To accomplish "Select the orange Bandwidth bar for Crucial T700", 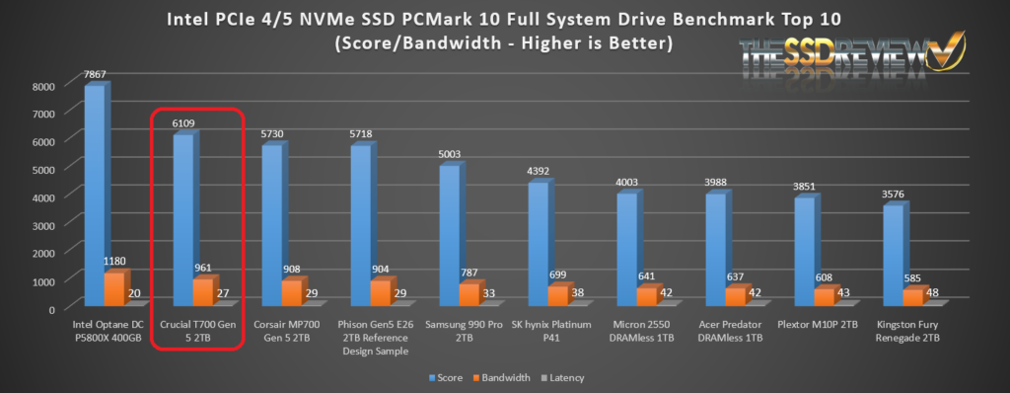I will click(x=202, y=292).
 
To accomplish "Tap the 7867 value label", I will click(x=96, y=73).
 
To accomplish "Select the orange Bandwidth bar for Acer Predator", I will click(x=735, y=297).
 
